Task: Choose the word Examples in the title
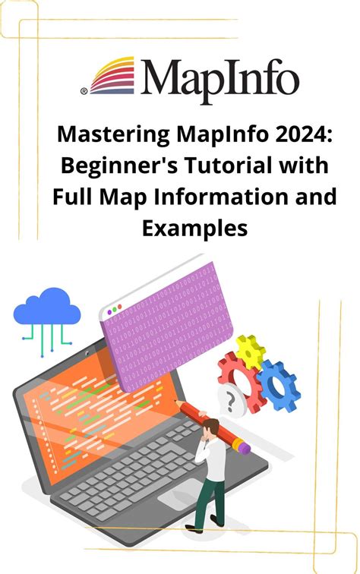[x=179, y=226]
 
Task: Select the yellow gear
[x=249, y=351]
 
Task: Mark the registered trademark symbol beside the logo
[x=84, y=92]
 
